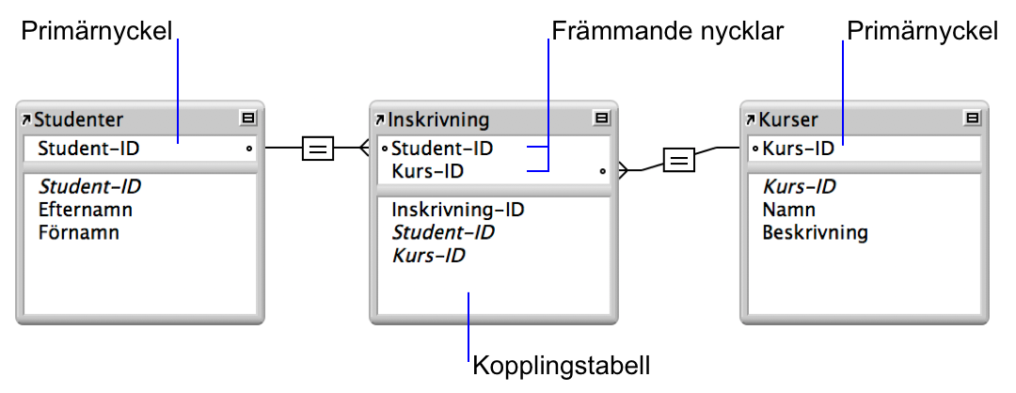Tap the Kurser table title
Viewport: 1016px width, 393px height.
coord(787,119)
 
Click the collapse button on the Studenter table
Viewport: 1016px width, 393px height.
coord(248,118)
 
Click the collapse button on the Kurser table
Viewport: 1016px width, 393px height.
coord(973,118)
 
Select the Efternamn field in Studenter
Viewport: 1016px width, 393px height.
coord(85,210)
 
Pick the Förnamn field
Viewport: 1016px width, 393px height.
coord(78,232)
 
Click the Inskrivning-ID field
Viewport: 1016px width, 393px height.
coord(457,210)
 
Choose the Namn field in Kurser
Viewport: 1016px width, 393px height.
coord(788,210)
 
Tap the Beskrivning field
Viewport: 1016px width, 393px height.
coord(815,232)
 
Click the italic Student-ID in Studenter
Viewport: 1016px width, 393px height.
coord(89,186)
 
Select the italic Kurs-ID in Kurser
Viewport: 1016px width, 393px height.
coord(799,186)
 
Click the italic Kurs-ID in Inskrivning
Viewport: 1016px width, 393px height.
coord(428,255)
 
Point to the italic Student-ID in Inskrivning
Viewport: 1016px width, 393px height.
coord(442,232)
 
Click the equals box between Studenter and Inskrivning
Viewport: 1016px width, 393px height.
coord(318,148)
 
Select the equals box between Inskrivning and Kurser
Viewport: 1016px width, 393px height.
coord(678,160)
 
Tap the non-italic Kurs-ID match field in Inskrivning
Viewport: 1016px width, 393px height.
coord(427,172)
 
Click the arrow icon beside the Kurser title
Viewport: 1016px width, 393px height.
coord(751,119)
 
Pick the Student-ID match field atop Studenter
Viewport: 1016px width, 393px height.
coord(88,149)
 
